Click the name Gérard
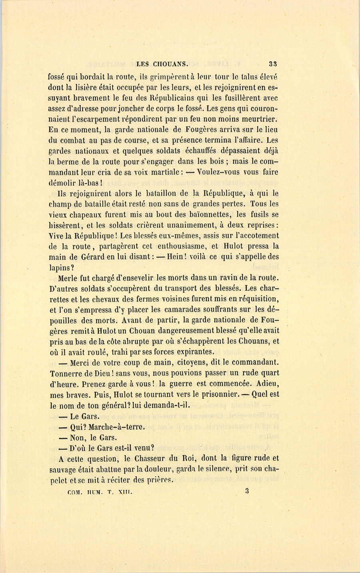(88, 257)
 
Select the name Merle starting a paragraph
(68, 278)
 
